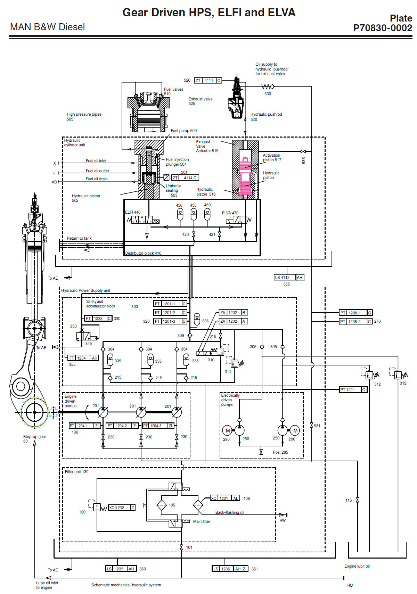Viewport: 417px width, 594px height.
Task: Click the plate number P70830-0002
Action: [x=383, y=28]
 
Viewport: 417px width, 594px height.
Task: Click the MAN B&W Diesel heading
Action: [x=47, y=27]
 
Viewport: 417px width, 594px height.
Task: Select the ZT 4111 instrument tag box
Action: [x=208, y=81]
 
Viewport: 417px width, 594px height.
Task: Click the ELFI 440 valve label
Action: [x=133, y=212]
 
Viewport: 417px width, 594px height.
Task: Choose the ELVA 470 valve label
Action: [x=230, y=213]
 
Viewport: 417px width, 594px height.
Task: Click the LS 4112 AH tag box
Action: [x=289, y=278]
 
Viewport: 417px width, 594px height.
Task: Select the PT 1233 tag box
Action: [x=98, y=319]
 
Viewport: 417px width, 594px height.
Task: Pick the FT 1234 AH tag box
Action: [x=83, y=358]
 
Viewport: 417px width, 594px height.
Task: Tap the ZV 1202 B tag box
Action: [x=233, y=313]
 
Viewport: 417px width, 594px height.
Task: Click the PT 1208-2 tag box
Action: [x=355, y=322]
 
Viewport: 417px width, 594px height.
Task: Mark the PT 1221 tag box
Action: [x=353, y=390]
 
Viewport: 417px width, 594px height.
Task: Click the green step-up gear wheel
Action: [x=34, y=412]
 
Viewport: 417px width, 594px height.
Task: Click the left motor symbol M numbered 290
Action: [x=228, y=431]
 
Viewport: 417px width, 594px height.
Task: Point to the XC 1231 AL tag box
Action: [x=225, y=498]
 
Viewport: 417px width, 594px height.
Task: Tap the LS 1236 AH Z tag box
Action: [x=230, y=569]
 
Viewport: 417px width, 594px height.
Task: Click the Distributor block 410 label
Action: [x=143, y=253]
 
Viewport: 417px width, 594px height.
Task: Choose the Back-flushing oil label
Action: [x=229, y=512]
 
